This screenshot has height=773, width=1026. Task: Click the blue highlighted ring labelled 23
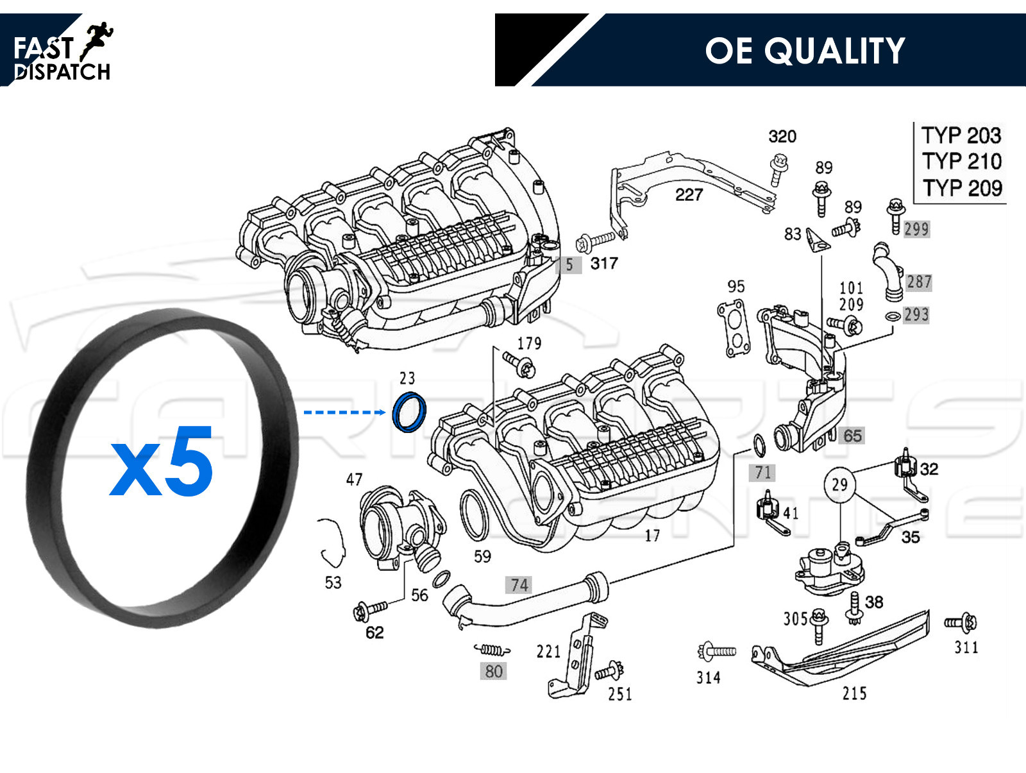click(408, 412)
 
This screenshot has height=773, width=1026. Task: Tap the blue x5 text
click(162, 462)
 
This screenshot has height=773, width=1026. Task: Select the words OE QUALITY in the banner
click(804, 51)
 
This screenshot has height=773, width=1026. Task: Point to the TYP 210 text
click(961, 161)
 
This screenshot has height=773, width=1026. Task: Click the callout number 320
click(782, 137)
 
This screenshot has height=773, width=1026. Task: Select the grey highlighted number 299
click(916, 229)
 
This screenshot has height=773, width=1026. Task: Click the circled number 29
click(839, 484)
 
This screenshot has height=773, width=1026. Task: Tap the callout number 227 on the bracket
click(689, 195)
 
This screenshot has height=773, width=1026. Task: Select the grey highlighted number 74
click(519, 585)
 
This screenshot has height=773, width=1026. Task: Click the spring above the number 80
click(492, 650)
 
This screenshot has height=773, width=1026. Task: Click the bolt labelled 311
click(961, 622)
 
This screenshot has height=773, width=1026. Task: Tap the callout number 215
click(854, 693)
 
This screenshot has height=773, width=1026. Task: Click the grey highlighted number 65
click(852, 436)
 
